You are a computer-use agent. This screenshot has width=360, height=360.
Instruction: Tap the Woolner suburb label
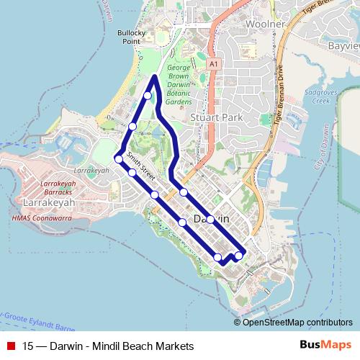pyautogui.click(x=246, y=24)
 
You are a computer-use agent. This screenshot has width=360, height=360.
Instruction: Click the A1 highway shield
pyautogui.click(x=213, y=65)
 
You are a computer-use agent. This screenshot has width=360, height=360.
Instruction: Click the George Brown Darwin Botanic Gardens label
pyautogui.click(x=179, y=86)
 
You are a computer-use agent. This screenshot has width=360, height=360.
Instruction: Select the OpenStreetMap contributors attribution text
pyautogui.click(x=297, y=322)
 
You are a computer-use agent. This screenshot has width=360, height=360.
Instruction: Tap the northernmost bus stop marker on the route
pyautogui.click(x=148, y=95)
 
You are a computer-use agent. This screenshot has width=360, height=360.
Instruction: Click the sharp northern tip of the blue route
pyautogui.click(x=156, y=76)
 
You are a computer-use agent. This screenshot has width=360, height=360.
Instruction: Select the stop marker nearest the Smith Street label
pyautogui.click(x=132, y=172)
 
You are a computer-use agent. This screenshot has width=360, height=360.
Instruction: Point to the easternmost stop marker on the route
pyautogui.click(x=238, y=256)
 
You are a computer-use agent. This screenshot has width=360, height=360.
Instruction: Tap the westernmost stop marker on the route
pyautogui.click(x=118, y=159)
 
